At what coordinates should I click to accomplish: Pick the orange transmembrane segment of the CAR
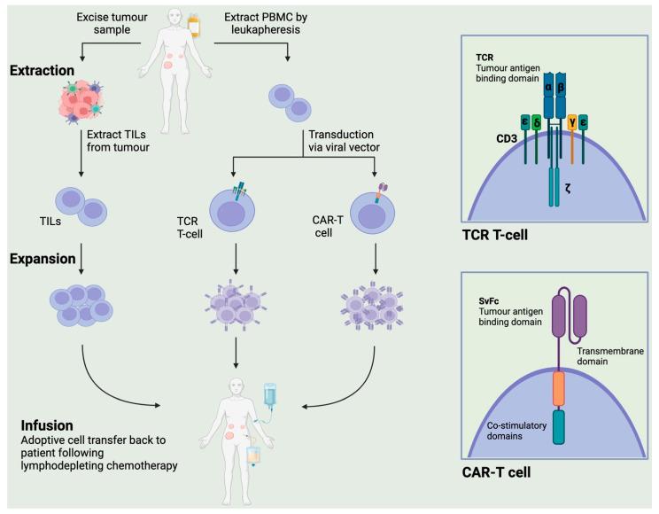click(x=559, y=388)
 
